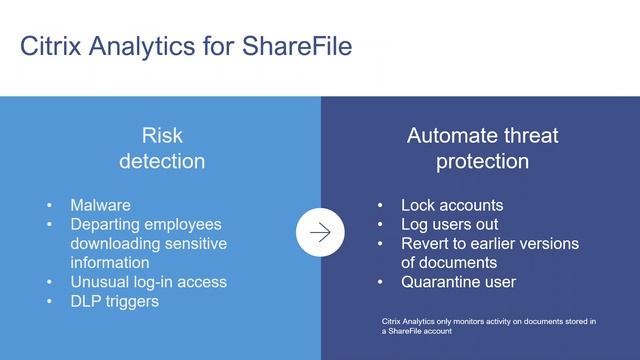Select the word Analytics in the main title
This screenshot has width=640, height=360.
[145, 46]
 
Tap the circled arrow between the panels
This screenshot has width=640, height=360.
[320, 233]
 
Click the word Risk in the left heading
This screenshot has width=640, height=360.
[162, 136]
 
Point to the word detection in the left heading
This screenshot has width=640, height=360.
[162, 161]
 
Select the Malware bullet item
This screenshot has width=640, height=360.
[100, 205]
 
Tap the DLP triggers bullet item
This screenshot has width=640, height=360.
[114, 301]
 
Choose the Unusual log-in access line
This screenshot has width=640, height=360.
[148, 282]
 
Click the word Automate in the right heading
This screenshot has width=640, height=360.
[445, 136]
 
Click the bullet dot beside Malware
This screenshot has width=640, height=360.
[50, 205]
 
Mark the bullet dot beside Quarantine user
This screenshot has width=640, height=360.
[380, 282]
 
